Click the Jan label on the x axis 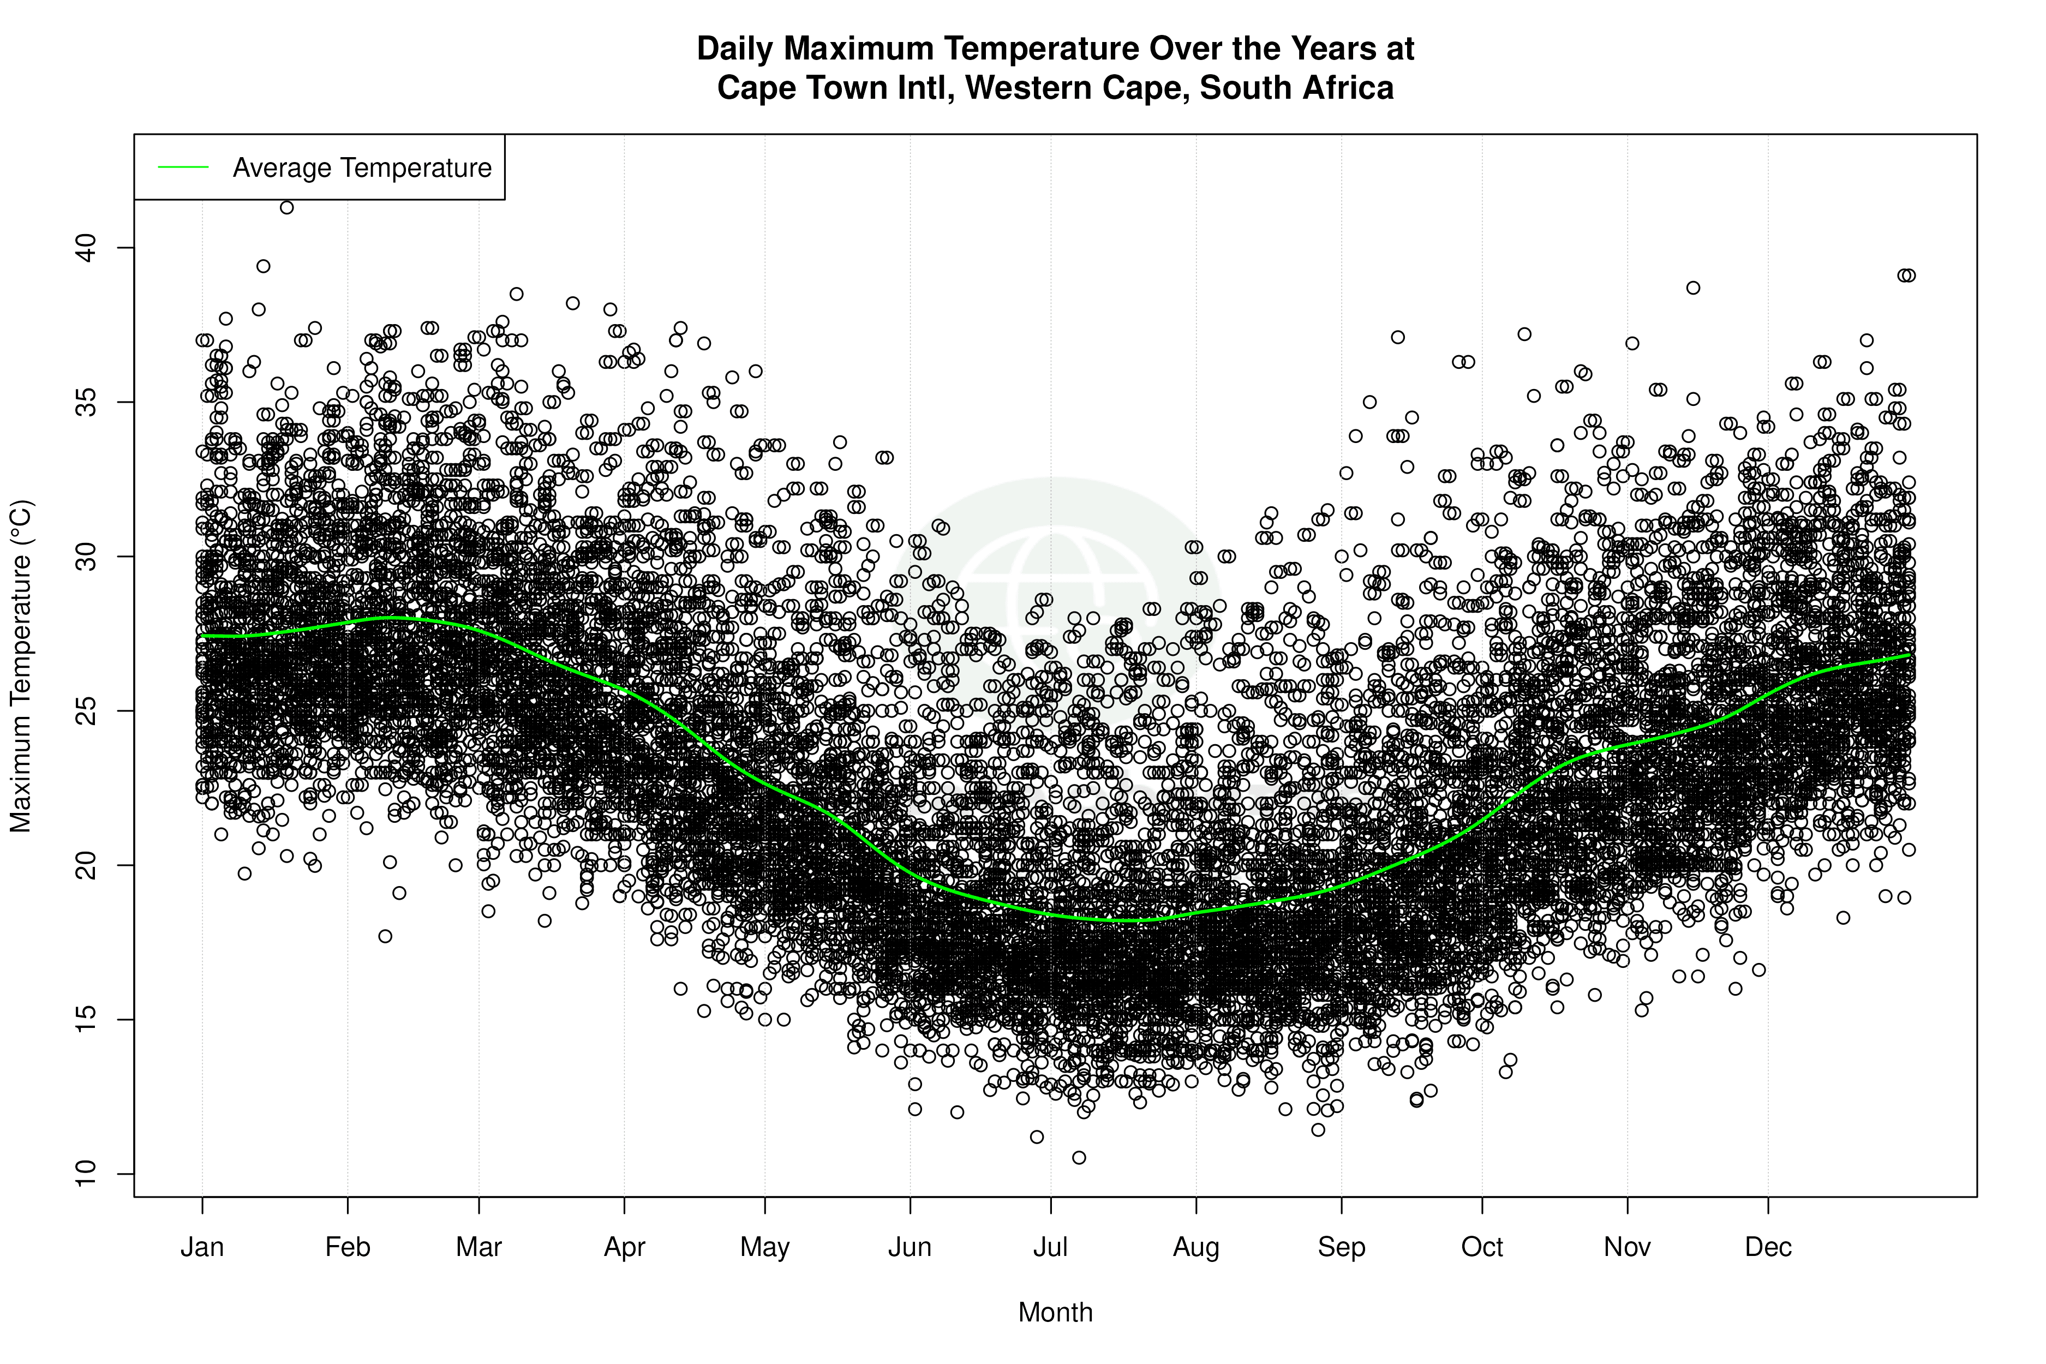point(202,1247)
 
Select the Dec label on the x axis point(1768,1247)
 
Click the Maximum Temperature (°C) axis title point(21,666)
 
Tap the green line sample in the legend point(183,167)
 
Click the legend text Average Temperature point(362,167)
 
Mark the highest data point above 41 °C point(286,207)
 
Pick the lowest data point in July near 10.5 point(1079,1157)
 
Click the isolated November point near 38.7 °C point(1693,288)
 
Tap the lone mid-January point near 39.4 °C point(263,266)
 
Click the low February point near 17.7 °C point(385,936)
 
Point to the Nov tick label point(1627,1247)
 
